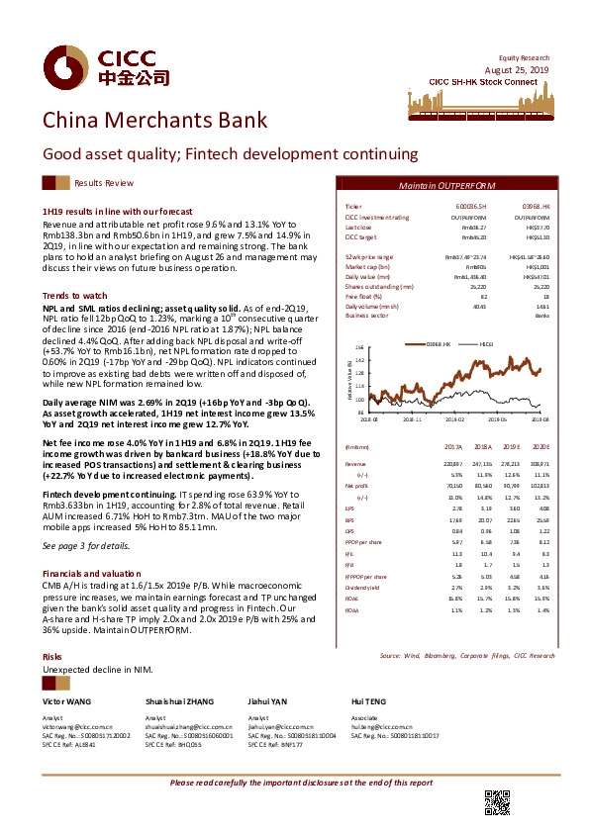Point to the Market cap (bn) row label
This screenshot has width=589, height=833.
(x=365, y=267)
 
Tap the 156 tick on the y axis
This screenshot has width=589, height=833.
(x=360, y=348)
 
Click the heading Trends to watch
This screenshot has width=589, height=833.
(x=74, y=296)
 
